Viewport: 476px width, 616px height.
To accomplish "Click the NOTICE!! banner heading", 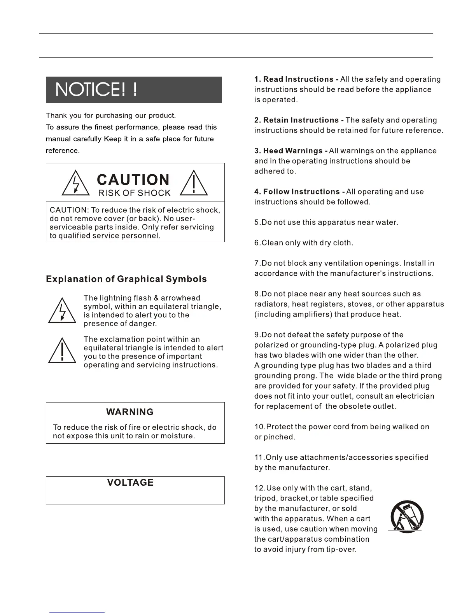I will coord(96,90).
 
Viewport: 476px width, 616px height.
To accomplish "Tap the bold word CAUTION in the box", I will coord(133,180).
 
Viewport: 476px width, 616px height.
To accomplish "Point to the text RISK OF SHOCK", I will coord(134,193).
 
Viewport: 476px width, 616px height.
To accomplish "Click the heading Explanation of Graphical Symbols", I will coord(126,279).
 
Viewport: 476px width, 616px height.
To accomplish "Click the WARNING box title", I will coord(130,412).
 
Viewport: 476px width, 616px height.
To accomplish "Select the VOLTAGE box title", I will coord(130,483).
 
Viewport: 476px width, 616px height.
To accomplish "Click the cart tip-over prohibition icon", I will coord(406,517).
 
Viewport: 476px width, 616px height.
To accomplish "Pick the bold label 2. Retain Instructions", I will coord(299,120).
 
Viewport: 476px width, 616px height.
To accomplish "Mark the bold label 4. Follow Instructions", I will coord(299,192).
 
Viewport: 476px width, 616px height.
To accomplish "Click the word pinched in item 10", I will coord(280,437).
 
